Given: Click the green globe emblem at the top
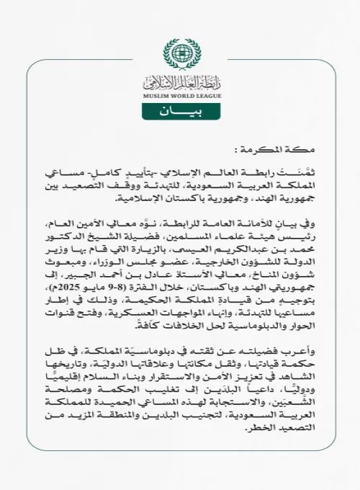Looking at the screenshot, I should click(180, 53).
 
